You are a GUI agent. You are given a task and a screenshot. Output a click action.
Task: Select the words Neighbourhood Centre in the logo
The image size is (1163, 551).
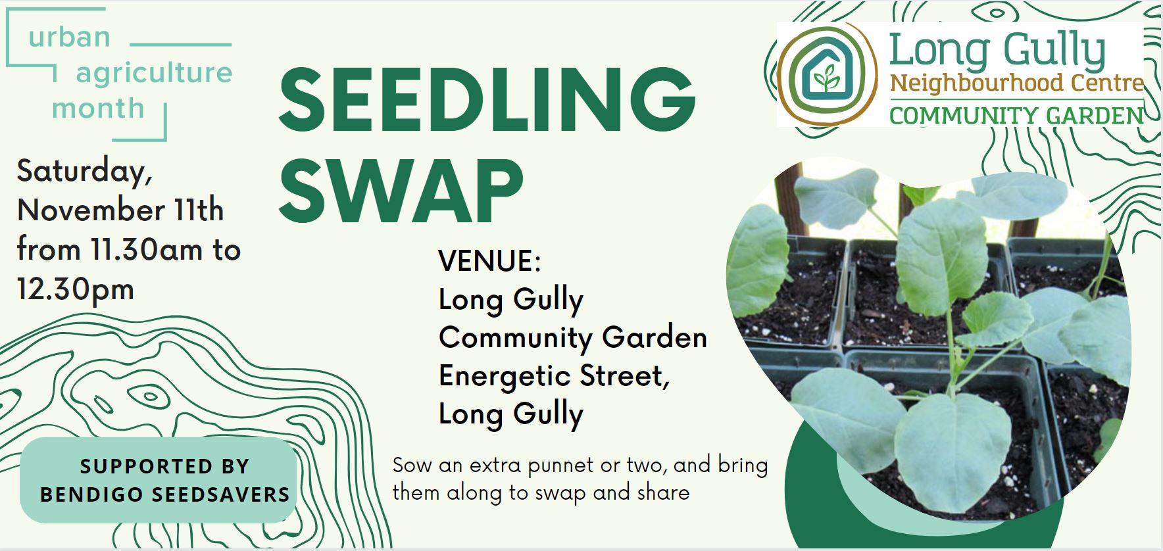[1016, 84]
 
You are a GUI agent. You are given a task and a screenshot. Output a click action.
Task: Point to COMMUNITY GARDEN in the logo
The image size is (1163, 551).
[1016, 116]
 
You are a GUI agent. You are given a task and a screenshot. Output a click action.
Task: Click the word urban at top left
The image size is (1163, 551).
[69, 37]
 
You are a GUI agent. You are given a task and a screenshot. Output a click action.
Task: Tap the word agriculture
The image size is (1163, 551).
[154, 72]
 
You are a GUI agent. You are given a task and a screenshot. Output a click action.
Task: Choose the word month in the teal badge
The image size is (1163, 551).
[98, 108]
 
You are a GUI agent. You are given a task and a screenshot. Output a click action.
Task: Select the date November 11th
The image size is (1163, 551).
[120, 210]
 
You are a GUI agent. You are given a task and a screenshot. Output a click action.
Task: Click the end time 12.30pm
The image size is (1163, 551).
[76, 289]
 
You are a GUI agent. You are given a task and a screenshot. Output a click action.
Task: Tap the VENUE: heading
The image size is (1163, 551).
[489, 261]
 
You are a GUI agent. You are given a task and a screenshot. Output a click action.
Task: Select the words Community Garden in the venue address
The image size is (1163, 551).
[572, 338]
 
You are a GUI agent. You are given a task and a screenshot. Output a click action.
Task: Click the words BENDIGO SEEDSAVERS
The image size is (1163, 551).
[164, 494]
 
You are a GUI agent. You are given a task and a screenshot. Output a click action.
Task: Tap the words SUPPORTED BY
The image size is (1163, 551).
[164, 466]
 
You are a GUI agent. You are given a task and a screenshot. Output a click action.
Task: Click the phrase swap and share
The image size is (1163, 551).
[632, 492]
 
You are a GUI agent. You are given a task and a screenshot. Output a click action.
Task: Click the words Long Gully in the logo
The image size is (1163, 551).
[997, 51]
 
